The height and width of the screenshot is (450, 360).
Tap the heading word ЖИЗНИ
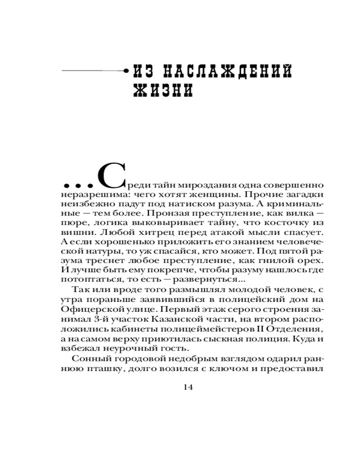coord(163,90)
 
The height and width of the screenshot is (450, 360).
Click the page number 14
coord(188,387)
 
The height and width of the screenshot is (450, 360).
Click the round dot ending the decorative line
coord(126,71)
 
